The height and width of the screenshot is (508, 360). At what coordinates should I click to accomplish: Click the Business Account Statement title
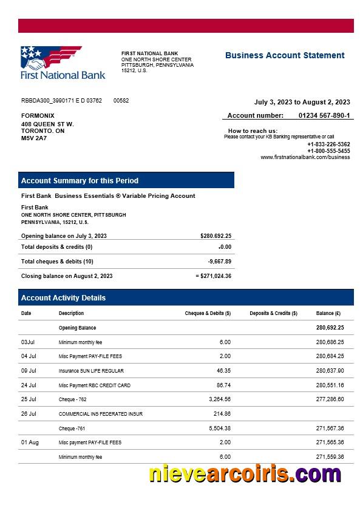tap(284, 55)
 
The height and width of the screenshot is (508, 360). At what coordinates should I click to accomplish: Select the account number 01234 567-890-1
tap(324, 115)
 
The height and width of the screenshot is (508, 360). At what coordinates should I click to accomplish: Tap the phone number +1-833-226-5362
tap(328, 144)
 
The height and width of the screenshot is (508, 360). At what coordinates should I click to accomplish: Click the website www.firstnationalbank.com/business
tap(305, 157)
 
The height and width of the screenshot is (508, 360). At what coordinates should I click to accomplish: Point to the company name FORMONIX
tap(38, 115)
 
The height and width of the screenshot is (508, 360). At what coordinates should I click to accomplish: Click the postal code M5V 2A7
tap(34, 138)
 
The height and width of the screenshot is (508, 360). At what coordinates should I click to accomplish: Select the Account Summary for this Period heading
tap(80, 180)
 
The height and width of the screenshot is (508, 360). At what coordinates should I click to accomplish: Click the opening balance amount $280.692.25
tap(216, 235)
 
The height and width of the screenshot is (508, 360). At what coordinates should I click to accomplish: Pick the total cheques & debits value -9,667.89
tap(219, 262)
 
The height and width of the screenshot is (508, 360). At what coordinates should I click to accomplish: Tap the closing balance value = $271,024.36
tap(213, 276)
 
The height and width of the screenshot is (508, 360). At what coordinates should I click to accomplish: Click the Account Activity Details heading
tap(63, 298)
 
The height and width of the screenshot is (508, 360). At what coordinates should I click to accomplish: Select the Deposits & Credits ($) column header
tap(273, 313)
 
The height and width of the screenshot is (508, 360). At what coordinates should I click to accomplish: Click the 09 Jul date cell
tap(29, 370)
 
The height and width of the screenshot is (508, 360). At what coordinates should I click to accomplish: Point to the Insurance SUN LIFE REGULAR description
tap(91, 371)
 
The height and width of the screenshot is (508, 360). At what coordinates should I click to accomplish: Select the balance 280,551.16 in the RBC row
tap(330, 385)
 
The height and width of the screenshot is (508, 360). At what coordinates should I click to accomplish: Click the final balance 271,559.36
tap(330, 457)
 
